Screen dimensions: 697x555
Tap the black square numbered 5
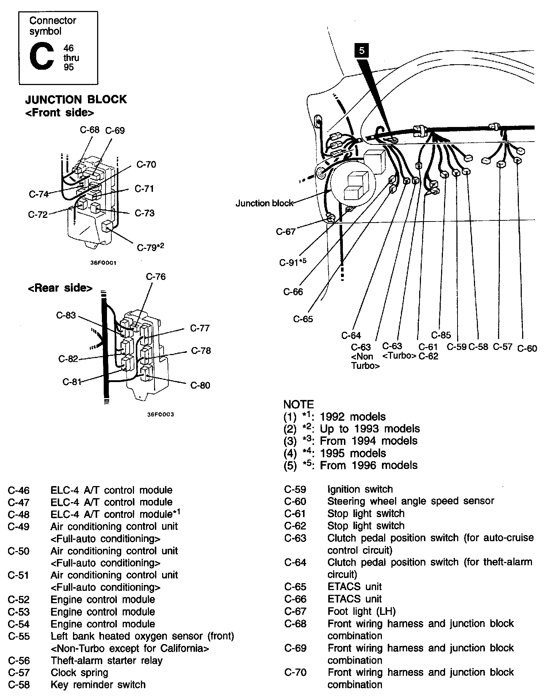coord(361,51)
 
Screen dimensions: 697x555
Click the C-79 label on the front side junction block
coord(150,247)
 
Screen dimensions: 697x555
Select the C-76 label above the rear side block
coord(156,277)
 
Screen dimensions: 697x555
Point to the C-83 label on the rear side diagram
coord(66,315)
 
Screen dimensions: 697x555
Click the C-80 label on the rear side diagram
coord(200,385)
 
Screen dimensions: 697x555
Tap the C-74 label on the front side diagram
coord(39,194)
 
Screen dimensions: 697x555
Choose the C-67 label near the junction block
coord(286,232)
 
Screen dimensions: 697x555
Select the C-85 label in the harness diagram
coord(441,335)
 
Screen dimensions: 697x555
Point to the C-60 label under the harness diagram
coord(527,348)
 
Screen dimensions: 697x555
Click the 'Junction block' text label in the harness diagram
coord(264,203)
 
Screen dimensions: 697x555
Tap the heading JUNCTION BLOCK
coord(76,99)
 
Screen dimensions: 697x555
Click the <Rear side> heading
coord(60,288)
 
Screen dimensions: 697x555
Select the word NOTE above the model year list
coord(298,404)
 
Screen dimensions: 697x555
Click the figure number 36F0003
coord(160,414)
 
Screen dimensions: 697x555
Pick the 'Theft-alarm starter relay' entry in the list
coord(106,660)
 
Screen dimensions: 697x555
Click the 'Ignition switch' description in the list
coord(360,489)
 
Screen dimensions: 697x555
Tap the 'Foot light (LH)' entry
coord(361,611)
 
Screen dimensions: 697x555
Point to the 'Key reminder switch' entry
coord(98,685)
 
